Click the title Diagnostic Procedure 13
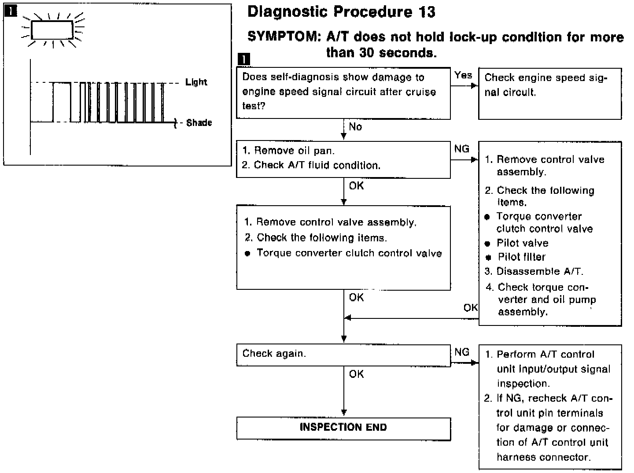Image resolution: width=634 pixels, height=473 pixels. [x=341, y=12]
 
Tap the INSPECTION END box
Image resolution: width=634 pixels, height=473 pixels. [x=343, y=428]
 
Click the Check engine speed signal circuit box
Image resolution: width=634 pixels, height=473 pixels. [x=549, y=93]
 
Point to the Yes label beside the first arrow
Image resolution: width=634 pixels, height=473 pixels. [x=463, y=75]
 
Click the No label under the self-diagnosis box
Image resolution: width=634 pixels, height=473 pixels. [x=355, y=127]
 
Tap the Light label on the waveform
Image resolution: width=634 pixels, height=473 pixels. [x=196, y=82]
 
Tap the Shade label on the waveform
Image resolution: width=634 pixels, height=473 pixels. [x=199, y=123]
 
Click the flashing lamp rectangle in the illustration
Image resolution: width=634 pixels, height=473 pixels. [x=52, y=31]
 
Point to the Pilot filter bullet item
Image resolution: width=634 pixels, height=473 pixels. [x=521, y=257]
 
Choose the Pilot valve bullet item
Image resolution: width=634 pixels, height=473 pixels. [x=522, y=243]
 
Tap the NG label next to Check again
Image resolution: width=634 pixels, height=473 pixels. [x=462, y=352]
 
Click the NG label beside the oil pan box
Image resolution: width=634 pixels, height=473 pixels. [x=462, y=149]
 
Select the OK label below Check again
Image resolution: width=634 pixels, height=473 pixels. [x=356, y=374]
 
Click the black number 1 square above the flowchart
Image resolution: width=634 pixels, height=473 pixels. [x=243, y=59]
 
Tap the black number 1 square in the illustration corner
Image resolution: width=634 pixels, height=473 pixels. [x=10, y=11]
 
